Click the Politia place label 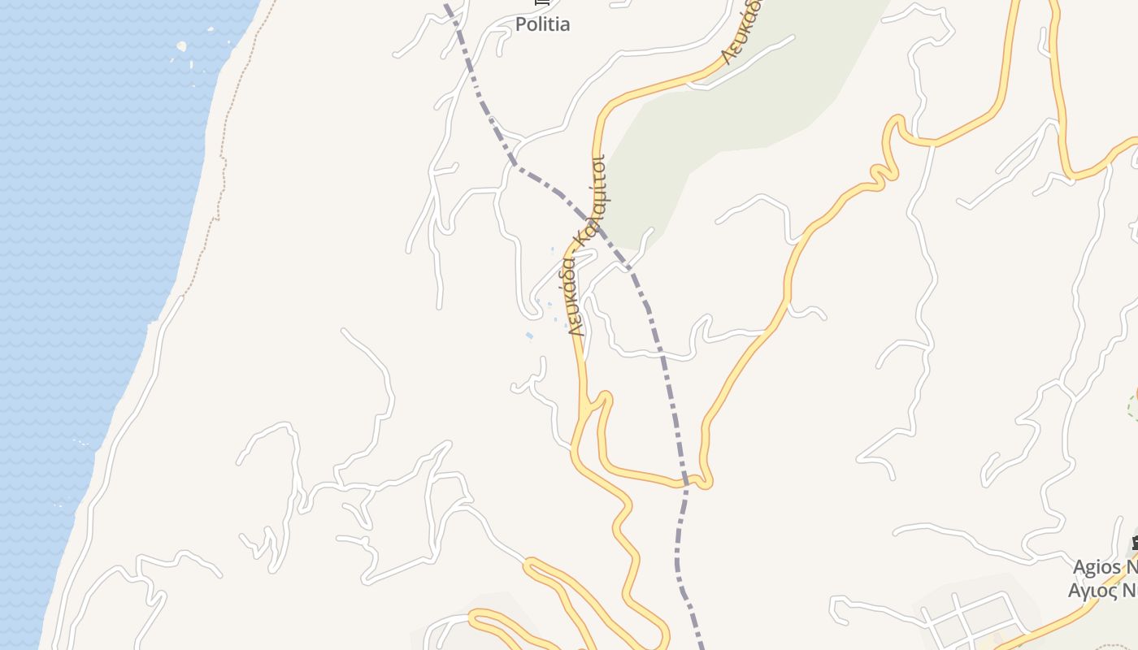click(x=542, y=24)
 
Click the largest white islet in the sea click(x=181, y=47)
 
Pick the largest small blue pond click(x=529, y=336)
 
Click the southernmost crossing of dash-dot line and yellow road click(x=686, y=482)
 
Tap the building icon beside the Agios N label click(x=1133, y=543)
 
